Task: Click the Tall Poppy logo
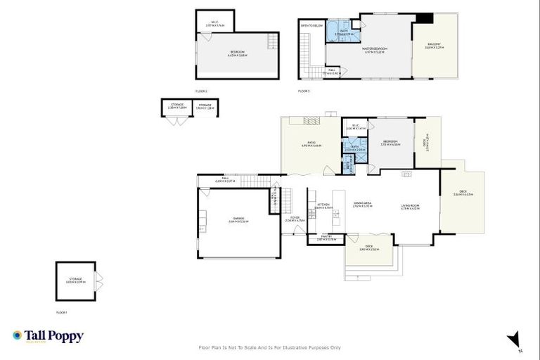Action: coord(48,336)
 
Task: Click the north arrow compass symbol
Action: coord(515,340)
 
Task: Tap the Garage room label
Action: coord(238,219)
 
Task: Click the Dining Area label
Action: coord(362,205)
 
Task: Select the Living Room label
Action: coord(410,207)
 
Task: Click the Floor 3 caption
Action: coord(304,91)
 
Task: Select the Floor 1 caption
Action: coord(62,311)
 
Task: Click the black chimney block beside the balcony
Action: coord(425,18)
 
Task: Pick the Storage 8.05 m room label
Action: coord(75,280)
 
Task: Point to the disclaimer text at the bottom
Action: coord(270,347)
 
